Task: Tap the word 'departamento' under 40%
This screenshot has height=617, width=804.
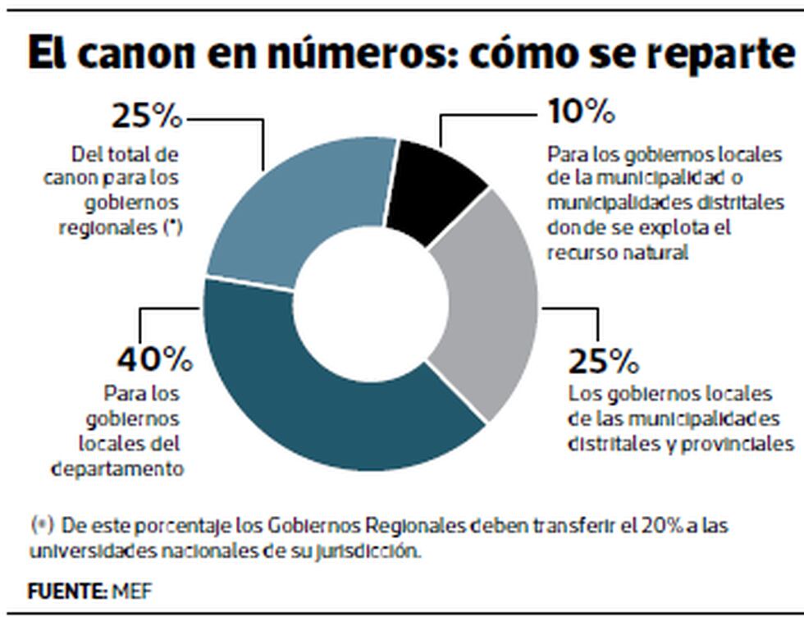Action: point(116,468)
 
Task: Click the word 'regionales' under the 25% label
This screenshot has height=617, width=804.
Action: point(110,228)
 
